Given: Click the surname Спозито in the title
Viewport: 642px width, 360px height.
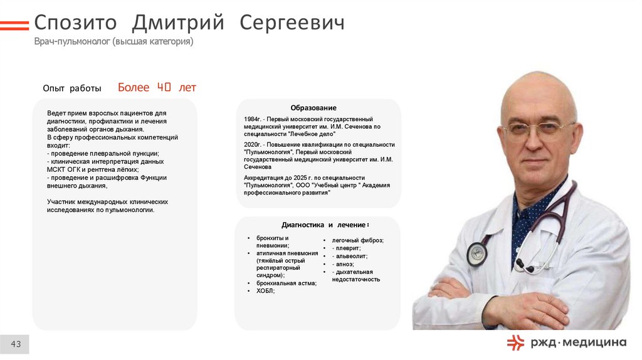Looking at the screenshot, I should coord(75,23).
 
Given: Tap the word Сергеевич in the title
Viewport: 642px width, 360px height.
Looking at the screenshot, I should coord(293,23).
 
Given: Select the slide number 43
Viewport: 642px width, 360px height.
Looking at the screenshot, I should coord(16,344).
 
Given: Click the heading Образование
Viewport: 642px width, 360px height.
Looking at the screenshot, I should coord(313,108).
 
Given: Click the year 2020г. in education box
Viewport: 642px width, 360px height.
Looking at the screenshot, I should coord(253,144).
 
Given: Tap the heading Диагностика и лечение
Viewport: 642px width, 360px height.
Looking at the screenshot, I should coord(325,225).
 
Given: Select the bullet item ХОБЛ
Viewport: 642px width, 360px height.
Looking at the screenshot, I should coord(265,291).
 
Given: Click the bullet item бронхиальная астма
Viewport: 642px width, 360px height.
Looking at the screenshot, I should coord(286,283).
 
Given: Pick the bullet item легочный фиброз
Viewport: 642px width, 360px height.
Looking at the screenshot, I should coord(357,240).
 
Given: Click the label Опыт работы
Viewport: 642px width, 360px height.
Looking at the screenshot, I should coord(72,88).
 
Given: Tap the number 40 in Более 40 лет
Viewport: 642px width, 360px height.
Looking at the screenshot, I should coord(164,87).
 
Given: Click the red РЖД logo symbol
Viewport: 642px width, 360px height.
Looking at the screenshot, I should coord(516,342).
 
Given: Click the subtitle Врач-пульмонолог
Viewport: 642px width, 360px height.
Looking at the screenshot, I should coord(72,42).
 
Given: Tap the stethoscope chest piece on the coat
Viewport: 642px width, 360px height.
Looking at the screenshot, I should coord(477,253).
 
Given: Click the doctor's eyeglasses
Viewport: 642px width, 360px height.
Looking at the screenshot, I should coord(539,130).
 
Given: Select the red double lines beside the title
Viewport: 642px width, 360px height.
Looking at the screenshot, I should coord(14,26).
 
